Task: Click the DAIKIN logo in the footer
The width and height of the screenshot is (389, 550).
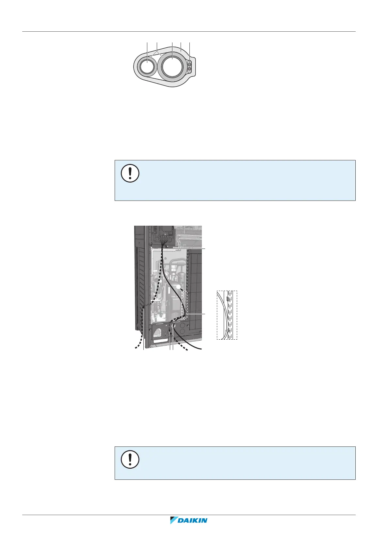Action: pyautogui.click(x=189, y=521)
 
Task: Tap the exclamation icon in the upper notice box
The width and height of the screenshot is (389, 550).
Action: pyautogui.click(x=130, y=173)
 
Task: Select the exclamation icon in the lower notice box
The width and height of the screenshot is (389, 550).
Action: pyautogui.click(x=130, y=460)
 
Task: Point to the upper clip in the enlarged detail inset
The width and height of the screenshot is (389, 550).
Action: pyautogui.click(x=228, y=299)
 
